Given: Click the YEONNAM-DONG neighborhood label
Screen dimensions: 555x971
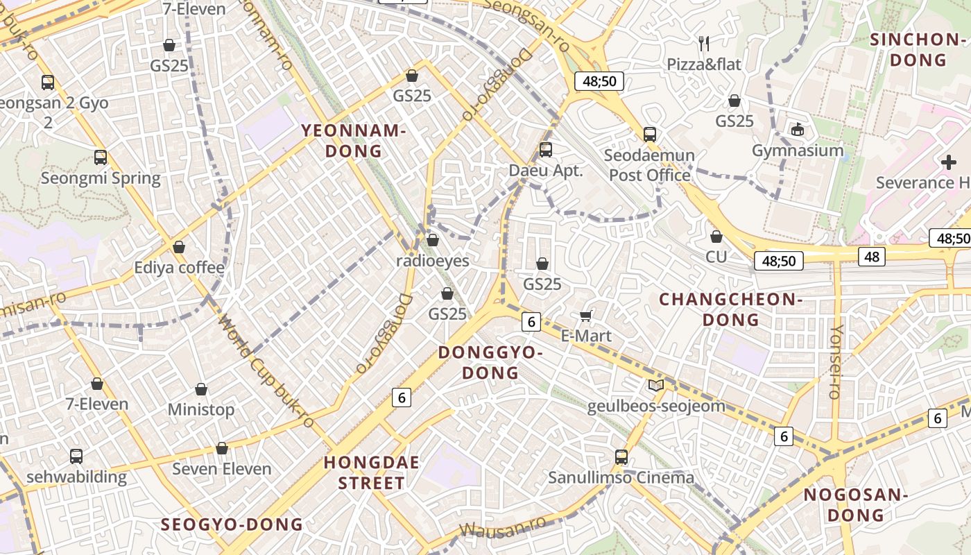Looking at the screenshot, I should pos(352,140).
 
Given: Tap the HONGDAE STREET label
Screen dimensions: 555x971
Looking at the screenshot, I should pos(372,472).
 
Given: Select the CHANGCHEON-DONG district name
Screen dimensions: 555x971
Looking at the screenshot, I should pos(730,309).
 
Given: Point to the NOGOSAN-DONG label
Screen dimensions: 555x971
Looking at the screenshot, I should pos(855,505).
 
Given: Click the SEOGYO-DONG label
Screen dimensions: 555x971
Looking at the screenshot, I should pos(232,524).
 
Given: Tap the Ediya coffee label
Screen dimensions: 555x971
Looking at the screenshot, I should pos(179,267).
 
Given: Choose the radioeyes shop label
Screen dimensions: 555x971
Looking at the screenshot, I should pos(432,261).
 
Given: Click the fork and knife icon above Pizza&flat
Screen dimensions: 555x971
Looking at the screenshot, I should pos(704,44).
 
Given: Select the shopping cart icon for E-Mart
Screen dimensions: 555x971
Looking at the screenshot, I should pos(585,316).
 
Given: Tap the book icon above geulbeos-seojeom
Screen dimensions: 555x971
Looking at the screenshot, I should pos(655,385).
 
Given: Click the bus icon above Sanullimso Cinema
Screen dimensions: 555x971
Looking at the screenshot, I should pos(621,457).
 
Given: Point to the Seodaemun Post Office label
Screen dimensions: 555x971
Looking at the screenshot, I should pos(649,165).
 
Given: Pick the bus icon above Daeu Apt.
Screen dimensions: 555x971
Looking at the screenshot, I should pos(546,149).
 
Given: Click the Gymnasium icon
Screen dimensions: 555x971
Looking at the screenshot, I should pos(798,129).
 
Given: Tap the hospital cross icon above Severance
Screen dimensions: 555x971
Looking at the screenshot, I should pos(949,162).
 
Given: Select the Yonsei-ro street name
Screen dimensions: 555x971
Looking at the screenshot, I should pos(836,361).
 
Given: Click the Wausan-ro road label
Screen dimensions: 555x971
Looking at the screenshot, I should pos(503,529).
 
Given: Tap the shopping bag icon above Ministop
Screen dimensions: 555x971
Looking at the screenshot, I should pos(201,389).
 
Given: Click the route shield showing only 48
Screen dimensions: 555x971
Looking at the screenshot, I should pos(872,257).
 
